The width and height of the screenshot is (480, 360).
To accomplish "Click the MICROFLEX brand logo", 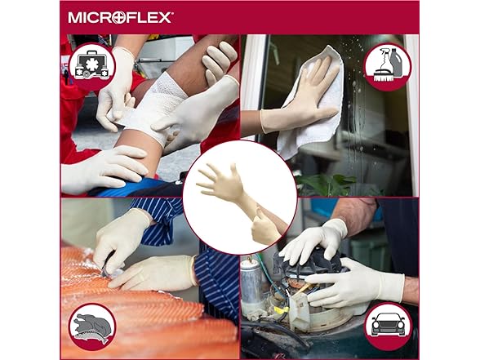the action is click(x=121, y=17).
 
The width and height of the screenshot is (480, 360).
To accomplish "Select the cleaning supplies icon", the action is click(x=388, y=67).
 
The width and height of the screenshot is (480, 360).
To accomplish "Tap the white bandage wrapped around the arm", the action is click(x=153, y=107).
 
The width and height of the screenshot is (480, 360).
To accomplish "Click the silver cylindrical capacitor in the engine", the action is click(x=251, y=283).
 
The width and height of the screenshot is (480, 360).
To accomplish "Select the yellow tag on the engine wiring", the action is click(x=282, y=310).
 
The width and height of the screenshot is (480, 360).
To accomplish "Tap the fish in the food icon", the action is click(x=91, y=336).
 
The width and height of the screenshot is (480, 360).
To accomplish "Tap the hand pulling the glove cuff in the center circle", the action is click(x=265, y=226).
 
